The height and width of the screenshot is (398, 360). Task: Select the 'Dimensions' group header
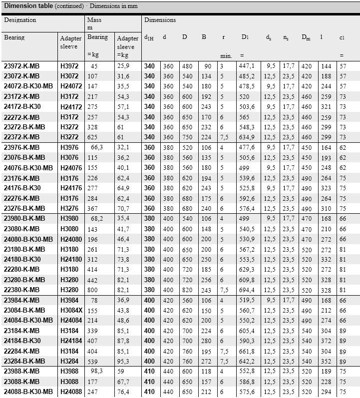click(160, 20)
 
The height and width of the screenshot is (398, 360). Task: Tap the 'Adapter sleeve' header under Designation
click(71, 41)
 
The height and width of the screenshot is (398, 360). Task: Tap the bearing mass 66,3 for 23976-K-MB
click(93, 147)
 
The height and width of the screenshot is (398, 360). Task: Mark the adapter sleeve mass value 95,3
click(123, 361)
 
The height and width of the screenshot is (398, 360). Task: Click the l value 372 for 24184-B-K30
click(326, 341)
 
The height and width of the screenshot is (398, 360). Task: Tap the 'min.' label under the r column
click(226, 56)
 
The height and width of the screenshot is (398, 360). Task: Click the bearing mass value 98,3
click(93, 371)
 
